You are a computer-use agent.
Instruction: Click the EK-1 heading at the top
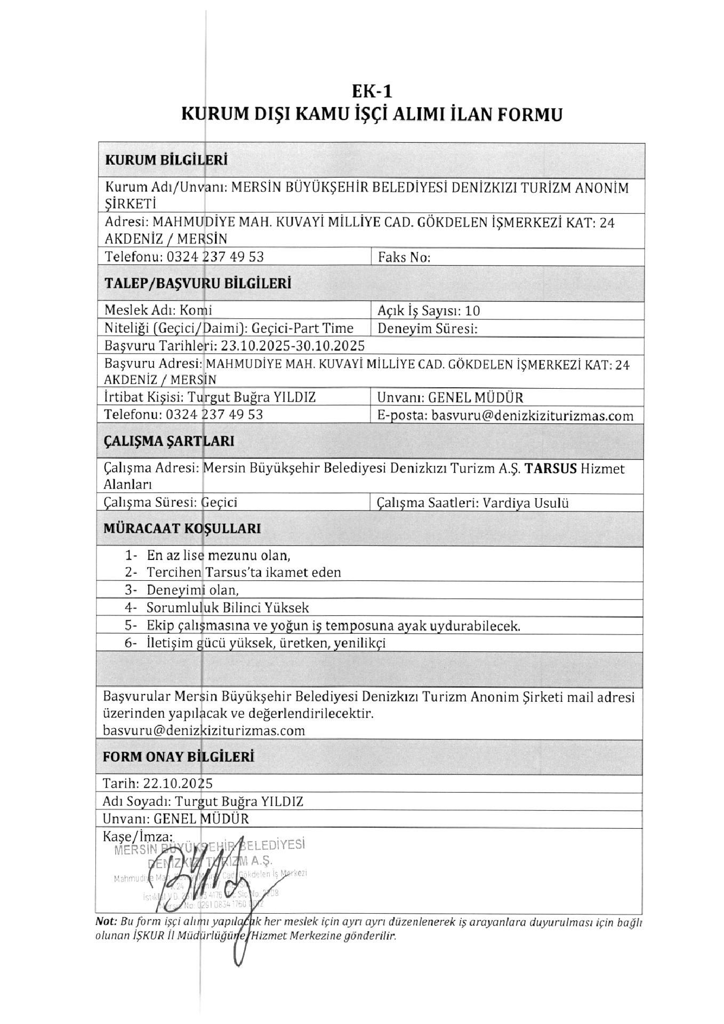point(372,92)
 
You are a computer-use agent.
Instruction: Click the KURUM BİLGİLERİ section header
point(166,160)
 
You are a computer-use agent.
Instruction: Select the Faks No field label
point(404,258)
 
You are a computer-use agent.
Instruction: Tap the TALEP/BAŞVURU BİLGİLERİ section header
point(197,283)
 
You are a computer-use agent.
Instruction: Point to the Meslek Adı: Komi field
point(158,310)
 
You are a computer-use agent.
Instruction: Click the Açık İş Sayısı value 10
point(472,310)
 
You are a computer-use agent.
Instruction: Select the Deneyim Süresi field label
point(427,329)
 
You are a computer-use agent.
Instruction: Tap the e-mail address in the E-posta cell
point(532,416)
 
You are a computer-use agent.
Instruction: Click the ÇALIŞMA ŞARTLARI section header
point(168,441)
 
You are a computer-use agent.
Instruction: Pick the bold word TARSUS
point(551,469)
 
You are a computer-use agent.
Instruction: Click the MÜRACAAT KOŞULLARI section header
point(182,529)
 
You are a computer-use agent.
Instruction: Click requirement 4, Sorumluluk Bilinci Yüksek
point(227,607)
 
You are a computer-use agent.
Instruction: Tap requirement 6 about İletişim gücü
point(266,643)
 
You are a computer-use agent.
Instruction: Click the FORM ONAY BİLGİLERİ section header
point(178,757)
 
